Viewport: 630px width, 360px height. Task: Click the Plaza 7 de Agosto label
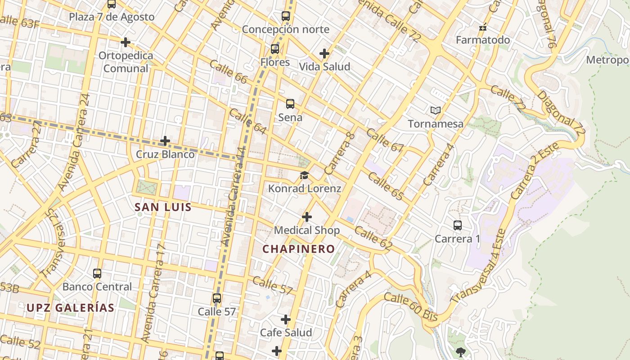tap(111, 17)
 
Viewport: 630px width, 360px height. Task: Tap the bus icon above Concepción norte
tap(286, 16)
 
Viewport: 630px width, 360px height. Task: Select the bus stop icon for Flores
tap(275, 49)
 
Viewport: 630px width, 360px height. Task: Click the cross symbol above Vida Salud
tap(324, 54)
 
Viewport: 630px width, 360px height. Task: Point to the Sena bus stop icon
tap(290, 104)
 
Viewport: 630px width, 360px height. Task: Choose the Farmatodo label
tap(483, 40)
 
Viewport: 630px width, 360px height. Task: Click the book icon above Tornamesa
tap(435, 110)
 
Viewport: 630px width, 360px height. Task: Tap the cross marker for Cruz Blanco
tap(165, 141)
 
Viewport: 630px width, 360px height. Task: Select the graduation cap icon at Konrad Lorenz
tap(305, 175)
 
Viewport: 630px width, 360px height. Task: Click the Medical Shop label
tap(307, 230)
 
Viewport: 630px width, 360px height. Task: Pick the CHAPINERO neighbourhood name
tap(299, 249)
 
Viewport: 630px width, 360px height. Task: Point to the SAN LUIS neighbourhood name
tap(163, 207)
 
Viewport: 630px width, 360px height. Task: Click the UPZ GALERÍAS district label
tap(70, 308)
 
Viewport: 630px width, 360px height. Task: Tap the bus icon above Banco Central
tap(97, 273)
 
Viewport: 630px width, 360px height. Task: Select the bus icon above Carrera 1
tap(457, 225)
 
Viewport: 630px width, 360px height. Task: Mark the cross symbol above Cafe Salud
tap(286, 319)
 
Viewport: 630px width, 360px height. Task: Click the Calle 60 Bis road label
tap(411, 306)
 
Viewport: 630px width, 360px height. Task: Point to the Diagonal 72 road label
tap(561, 114)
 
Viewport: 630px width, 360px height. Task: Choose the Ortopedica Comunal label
tap(126, 62)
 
